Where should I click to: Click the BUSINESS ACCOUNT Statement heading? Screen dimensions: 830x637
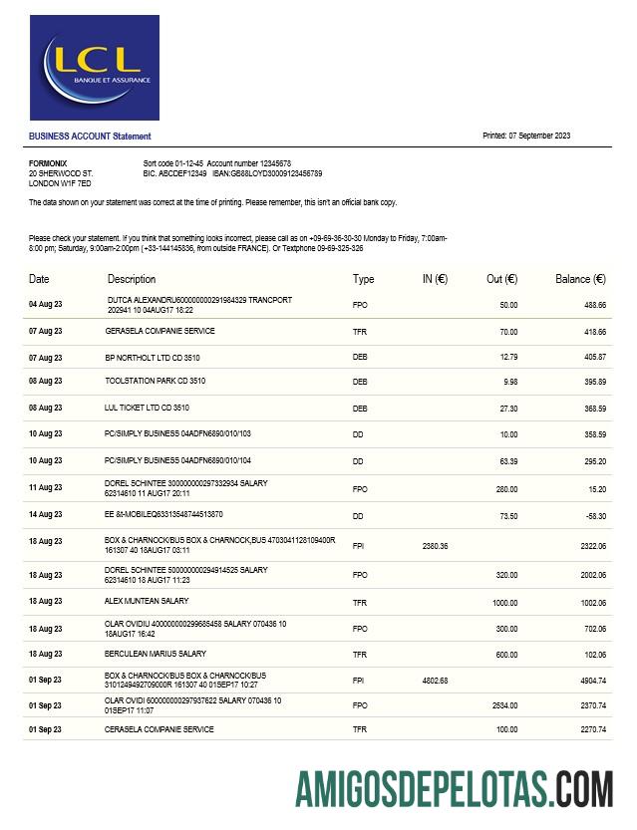coord(90,136)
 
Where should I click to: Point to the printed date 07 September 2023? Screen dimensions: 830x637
coord(539,136)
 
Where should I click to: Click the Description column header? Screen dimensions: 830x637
coord(132,279)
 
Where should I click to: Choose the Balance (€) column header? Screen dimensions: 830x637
coord(580,279)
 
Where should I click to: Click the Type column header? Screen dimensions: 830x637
coord(363,279)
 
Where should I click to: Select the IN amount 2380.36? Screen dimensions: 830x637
coord(436,546)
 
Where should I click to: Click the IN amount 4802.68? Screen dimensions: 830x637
coord(436,681)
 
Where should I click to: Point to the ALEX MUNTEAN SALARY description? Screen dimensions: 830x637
coord(147,601)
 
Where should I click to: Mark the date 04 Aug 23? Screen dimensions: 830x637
coord(45,304)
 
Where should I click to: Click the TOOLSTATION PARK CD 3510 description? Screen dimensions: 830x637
coord(155,381)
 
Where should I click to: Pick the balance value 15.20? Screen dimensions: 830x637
coord(596,488)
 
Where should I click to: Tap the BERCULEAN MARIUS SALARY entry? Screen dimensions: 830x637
coord(156,654)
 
